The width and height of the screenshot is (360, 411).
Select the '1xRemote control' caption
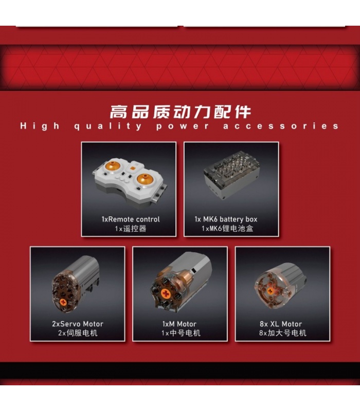(x=131, y=219)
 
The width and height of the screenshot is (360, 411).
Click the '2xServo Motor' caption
(x=78, y=324)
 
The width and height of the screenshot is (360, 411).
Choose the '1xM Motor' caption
(x=180, y=324)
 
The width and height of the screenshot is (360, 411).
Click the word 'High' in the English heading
(x=40, y=126)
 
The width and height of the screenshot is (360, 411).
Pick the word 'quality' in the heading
(x=107, y=126)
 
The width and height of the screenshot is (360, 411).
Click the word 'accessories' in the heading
(x=281, y=126)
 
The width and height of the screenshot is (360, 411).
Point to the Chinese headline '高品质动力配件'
(x=180, y=111)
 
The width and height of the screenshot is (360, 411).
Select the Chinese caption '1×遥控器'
(x=131, y=229)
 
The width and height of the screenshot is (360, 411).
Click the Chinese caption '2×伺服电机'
(x=78, y=333)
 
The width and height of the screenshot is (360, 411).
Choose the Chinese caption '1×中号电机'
(x=180, y=333)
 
